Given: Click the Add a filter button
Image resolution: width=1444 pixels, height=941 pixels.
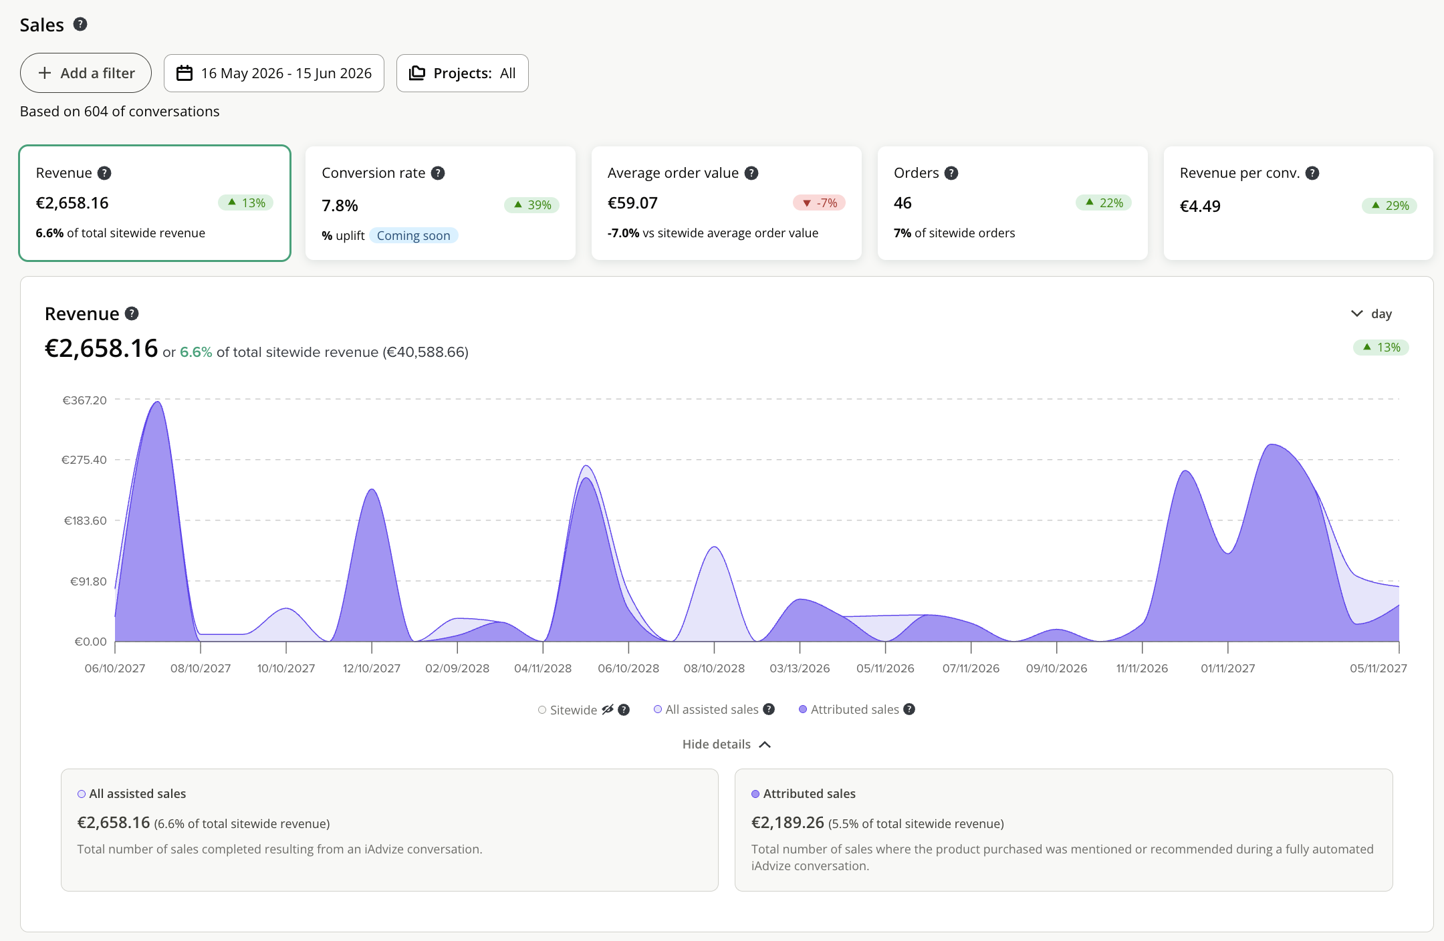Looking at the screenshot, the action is click(86, 73).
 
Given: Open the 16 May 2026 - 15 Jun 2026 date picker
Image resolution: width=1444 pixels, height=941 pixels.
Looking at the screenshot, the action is click(274, 73).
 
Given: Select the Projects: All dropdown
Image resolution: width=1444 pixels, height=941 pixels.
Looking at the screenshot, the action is click(463, 73).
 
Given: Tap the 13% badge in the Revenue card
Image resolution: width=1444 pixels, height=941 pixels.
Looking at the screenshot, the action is click(246, 203).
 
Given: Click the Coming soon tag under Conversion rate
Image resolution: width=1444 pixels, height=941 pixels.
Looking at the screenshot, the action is click(413, 235).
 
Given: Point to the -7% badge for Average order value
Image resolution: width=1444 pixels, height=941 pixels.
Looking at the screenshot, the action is click(820, 203).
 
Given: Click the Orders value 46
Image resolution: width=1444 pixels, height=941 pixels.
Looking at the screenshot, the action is click(902, 203).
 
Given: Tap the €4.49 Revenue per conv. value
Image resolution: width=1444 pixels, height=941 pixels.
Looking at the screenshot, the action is click(1200, 206).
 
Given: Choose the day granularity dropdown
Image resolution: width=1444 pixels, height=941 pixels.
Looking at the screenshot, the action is click(1372, 313).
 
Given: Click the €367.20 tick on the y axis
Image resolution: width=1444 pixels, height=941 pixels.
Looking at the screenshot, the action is click(85, 400).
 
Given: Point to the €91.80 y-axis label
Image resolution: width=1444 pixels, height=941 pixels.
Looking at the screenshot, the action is click(88, 581).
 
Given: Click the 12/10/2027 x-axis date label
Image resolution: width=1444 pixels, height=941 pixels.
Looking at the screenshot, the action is click(372, 668).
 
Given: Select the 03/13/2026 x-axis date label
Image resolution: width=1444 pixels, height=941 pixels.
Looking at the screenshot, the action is click(800, 668).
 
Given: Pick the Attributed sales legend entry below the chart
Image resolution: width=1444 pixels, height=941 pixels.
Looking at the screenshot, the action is click(849, 709).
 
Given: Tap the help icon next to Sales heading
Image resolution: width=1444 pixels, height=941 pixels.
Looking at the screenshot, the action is click(80, 25).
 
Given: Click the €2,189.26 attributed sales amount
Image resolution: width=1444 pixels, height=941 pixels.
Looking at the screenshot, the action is click(788, 823).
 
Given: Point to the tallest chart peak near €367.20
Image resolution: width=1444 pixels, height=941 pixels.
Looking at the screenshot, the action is click(158, 402).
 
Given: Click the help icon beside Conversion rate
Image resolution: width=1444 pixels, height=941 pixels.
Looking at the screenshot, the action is click(438, 173).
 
